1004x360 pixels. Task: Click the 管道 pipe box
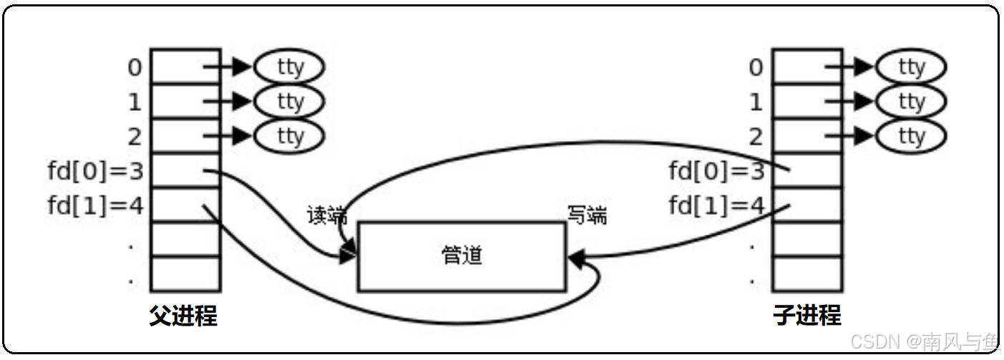[461, 256]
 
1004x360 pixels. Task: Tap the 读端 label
[326, 215]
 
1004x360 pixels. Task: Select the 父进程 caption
[183, 316]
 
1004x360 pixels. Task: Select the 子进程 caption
[807, 316]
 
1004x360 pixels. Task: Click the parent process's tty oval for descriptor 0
[290, 67]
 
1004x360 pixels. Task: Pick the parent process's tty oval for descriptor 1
[290, 101]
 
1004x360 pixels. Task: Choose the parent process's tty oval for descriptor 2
[290, 135]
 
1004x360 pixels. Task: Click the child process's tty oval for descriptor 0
[911, 67]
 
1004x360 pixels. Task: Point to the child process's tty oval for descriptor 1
[911, 101]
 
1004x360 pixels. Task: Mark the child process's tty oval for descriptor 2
[911, 135]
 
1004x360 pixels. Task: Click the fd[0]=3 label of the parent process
[95, 172]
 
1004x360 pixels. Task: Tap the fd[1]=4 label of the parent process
[95, 206]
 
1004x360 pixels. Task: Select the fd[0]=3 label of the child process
[716, 172]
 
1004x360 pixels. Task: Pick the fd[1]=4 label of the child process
[716, 206]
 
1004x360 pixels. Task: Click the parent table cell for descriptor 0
[185, 67]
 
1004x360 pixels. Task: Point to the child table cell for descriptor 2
[806, 136]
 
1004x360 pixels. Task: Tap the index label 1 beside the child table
[756, 102]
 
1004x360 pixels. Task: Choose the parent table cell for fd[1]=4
[185, 205]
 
